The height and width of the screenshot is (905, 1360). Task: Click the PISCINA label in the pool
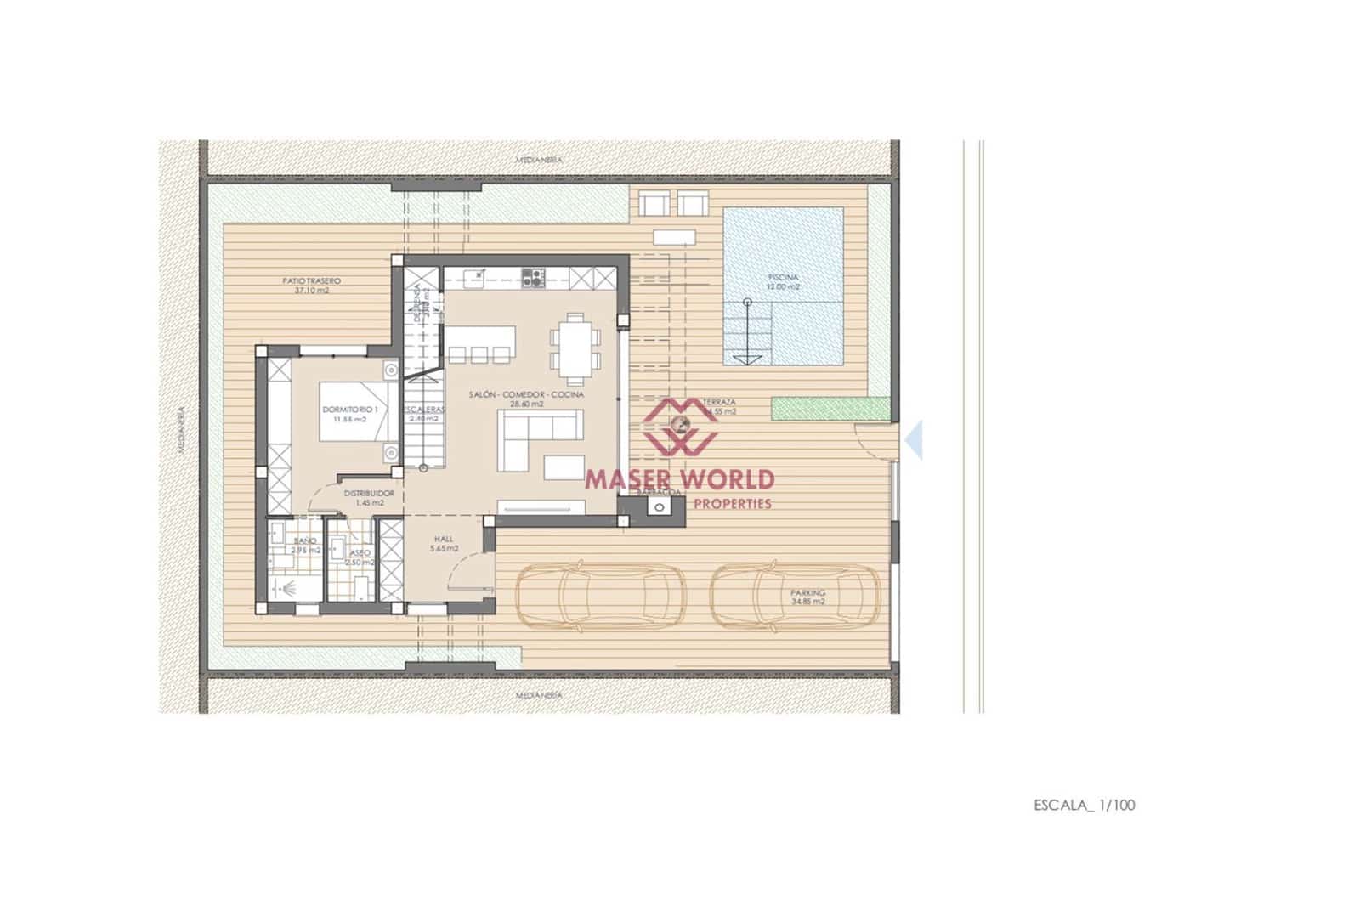(783, 277)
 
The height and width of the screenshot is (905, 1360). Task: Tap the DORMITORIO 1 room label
(356, 410)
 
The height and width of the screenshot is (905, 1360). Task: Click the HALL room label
(444, 539)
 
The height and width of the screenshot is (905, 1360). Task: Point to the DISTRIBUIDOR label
(369, 493)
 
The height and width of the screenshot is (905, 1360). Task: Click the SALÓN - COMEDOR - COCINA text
(526, 395)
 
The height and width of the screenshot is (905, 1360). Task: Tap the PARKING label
(807, 593)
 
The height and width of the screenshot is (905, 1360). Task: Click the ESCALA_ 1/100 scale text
(1084, 805)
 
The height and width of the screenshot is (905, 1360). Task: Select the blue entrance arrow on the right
(914, 440)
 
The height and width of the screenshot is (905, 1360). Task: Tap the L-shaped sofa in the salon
(537, 438)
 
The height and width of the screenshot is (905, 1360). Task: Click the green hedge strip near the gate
(831, 409)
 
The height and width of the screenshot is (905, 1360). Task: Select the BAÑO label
(305, 540)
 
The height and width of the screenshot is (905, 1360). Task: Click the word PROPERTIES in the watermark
(733, 503)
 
